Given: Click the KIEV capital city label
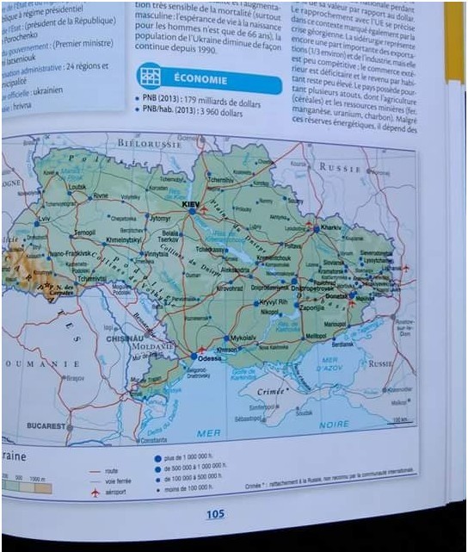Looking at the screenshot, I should (x=191, y=203).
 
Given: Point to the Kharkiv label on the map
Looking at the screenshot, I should (x=330, y=226).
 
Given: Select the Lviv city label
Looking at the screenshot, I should (x=45, y=220).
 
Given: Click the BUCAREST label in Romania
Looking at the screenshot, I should (x=46, y=425).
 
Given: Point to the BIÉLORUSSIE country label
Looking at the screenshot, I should (x=151, y=144).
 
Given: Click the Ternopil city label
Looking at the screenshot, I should (x=84, y=233).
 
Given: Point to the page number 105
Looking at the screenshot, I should (x=214, y=514).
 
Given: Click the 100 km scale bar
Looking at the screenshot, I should (x=398, y=420).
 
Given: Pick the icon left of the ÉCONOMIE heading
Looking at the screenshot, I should (x=150, y=77).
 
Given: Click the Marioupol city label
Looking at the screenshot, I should (x=335, y=324).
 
